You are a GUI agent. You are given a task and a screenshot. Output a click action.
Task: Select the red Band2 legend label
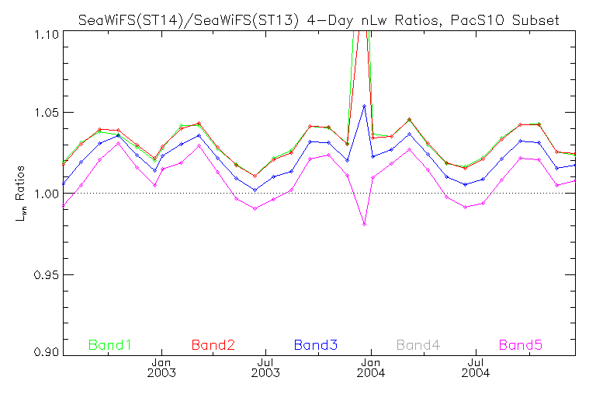pyautogui.click(x=213, y=344)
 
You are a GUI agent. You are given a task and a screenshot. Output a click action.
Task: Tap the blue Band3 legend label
pyautogui.click(x=315, y=344)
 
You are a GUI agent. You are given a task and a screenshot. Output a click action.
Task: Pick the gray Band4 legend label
pyautogui.click(x=419, y=344)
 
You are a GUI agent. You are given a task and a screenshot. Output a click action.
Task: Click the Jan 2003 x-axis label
pyautogui.click(x=161, y=367)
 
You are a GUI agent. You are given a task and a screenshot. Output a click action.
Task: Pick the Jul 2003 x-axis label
pyautogui.click(x=266, y=367)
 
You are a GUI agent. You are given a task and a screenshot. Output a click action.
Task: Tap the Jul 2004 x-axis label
pyautogui.click(x=476, y=367)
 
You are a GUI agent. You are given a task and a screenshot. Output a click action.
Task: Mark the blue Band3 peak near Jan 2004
pyautogui.click(x=365, y=106)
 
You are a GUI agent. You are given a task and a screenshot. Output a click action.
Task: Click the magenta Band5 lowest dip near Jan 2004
pyautogui.click(x=364, y=224)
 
